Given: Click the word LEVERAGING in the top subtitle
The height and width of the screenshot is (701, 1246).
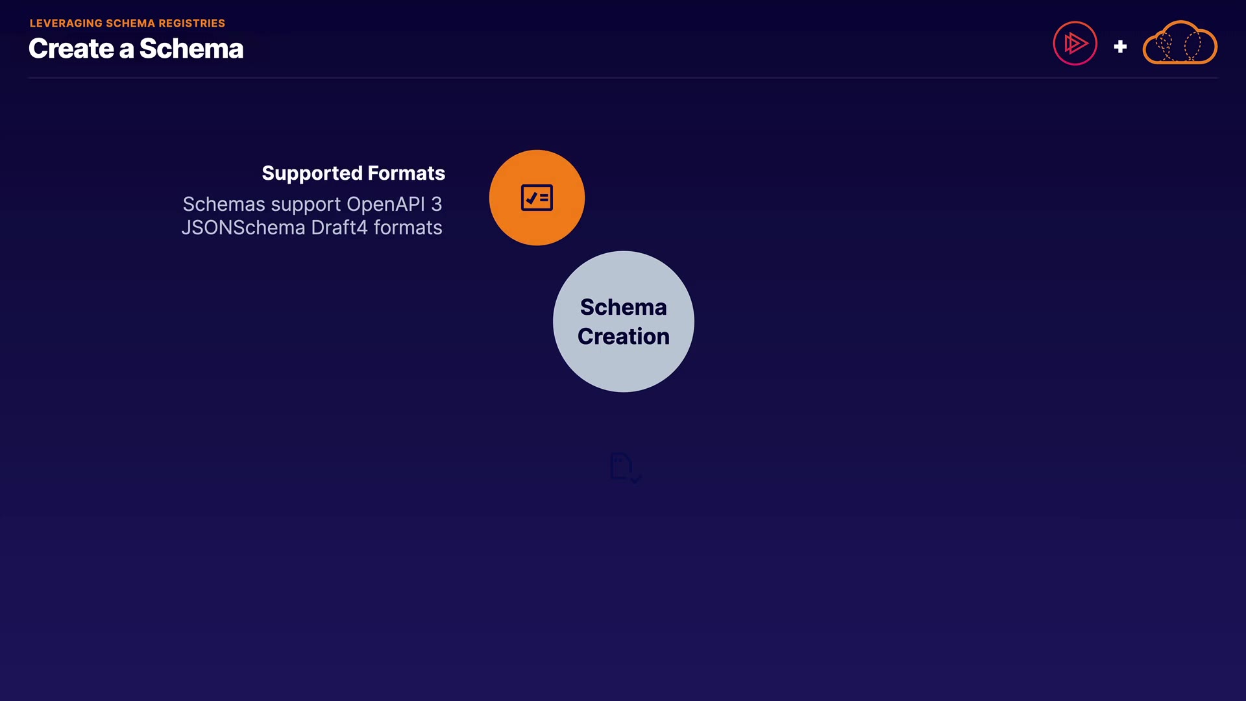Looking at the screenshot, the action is pyautogui.click(x=66, y=23).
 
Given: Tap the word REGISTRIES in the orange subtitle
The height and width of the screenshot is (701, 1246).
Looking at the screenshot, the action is pyautogui.click(x=192, y=23).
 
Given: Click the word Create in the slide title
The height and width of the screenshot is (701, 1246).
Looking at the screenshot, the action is pyautogui.click(x=71, y=49).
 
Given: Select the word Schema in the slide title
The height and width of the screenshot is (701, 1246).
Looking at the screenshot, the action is pyautogui.click(x=191, y=49).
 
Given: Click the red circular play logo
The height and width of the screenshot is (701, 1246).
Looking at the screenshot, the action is pyautogui.click(x=1075, y=43).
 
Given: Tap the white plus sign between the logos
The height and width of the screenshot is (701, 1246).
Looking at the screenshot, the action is pyautogui.click(x=1120, y=47).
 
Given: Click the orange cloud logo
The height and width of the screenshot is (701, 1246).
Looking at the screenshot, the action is pyautogui.click(x=1180, y=43).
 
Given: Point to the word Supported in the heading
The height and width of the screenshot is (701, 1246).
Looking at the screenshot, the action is pyautogui.click(x=312, y=174).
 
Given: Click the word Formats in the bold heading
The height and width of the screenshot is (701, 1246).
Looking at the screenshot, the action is pyautogui.click(x=407, y=173).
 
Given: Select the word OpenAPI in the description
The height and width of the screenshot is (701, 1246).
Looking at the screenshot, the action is pyautogui.click(x=385, y=205).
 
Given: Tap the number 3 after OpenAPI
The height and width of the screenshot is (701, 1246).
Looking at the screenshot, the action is pyautogui.click(x=437, y=204).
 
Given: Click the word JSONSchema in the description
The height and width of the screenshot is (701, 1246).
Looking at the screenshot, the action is pyautogui.click(x=243, y=228).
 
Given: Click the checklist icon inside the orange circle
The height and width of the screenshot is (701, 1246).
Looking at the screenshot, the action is pyautogui.click(x=537, y=198).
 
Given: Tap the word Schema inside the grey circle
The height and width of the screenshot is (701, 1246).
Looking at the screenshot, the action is pyautogui.click(x=624, y=307).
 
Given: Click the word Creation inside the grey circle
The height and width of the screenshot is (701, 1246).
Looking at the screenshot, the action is pyautogui.click(x=624, y=336).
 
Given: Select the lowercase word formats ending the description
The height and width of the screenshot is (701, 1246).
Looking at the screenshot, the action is pyautogui.click(x=408, y=228).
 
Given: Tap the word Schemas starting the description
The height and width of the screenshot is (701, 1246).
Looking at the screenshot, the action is pyautogui.click(x=225, y=204).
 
